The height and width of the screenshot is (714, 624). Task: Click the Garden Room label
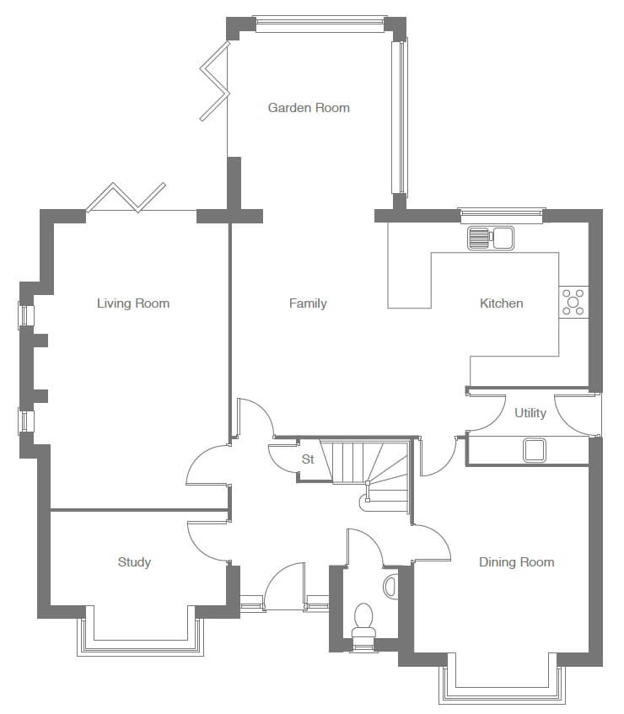tap(309, 108)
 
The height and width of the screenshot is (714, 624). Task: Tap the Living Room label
tap(133, 303)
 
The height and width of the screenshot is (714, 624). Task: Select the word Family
tap(308, 303)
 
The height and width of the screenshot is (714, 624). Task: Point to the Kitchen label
tap(501, 303)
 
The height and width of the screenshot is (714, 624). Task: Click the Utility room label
tap(530, 413)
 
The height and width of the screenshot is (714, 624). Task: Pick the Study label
tap(134, 562)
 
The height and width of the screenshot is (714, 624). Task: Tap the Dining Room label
tap(517, 562)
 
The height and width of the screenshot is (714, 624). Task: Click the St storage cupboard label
tap(308, 459)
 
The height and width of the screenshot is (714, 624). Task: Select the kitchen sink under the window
tap(491, 238)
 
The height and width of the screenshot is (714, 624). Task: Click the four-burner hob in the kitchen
tap(573, 302)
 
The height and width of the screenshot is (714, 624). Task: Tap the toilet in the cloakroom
tap(363, 620)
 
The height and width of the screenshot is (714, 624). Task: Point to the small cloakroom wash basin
tap(390, 586)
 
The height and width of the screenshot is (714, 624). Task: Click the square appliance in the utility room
tap(534, 450)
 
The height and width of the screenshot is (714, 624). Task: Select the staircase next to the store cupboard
tap(370, 474)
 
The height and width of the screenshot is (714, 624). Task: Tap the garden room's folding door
tap(215, 81)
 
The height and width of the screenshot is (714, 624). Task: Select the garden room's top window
tap(320, 24)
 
